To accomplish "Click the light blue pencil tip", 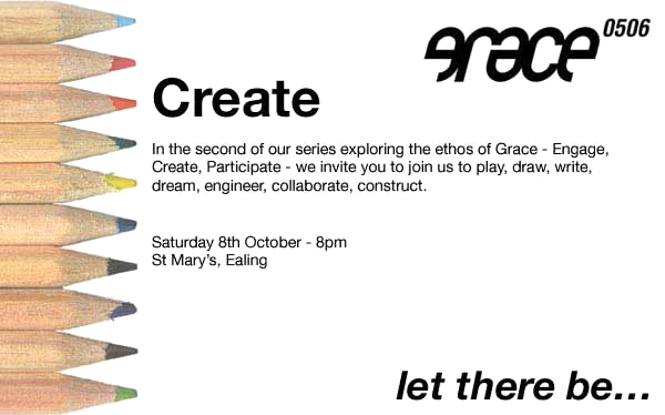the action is (126, 21).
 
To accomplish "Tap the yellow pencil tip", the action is (121, 182).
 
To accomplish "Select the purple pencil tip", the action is (123, 310).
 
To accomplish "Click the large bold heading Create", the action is (236, 98).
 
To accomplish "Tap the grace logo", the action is (511, 54).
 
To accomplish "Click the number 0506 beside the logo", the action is (626, 28).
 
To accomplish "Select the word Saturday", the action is (182, 242).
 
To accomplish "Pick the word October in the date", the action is (273, 242).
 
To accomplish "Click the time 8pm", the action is (331, 243).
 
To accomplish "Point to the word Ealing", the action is (247, 261).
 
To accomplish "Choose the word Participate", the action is (243, 167).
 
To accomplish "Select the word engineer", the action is (235, 186).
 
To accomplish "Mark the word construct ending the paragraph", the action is (392, 186).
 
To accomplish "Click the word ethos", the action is (454, 149).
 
